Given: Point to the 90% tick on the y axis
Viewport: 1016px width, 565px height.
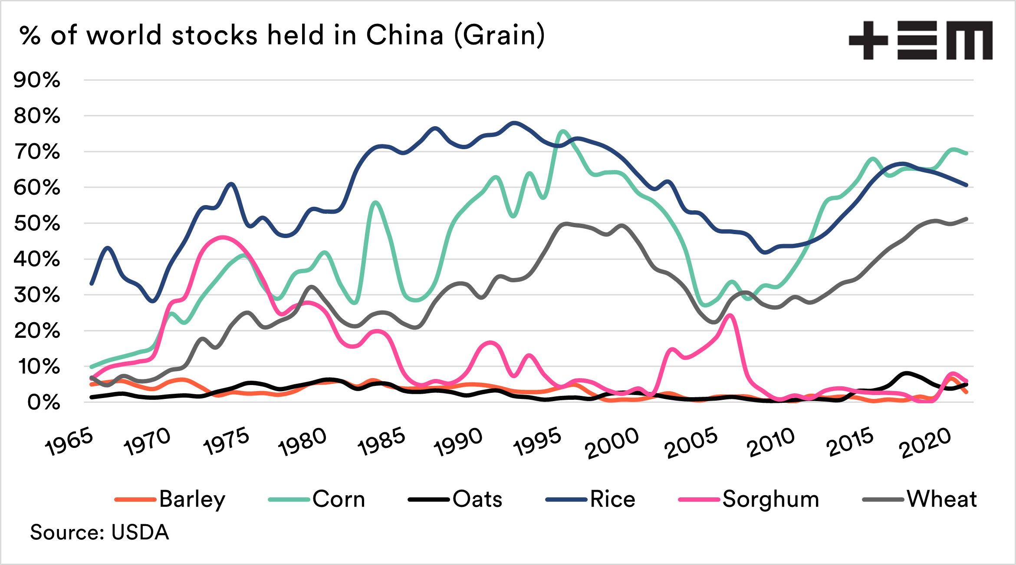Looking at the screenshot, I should [x=37, y=80].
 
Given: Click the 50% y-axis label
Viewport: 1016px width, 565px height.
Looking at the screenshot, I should [x=37, y=224].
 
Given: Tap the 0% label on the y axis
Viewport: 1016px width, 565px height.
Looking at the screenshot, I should [x=43, y=403].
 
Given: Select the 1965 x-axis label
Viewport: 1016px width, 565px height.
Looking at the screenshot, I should [x=69, y=442].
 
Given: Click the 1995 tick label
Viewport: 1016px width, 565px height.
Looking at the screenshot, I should [x=537, y=442].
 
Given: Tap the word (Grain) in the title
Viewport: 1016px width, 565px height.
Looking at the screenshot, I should [x=499, y=36].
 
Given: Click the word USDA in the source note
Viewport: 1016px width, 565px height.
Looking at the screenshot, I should [x=140, y=532].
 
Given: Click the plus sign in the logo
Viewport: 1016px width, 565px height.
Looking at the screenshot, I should [x=868, y=40].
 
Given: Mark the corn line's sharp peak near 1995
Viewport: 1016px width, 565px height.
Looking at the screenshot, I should [x=563, y=131].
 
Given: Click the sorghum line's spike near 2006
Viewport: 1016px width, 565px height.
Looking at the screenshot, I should [x=731, y=315].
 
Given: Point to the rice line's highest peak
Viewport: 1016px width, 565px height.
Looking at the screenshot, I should [x=515, y=123].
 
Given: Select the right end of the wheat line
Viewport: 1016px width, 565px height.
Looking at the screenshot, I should [x=966, y=219].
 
